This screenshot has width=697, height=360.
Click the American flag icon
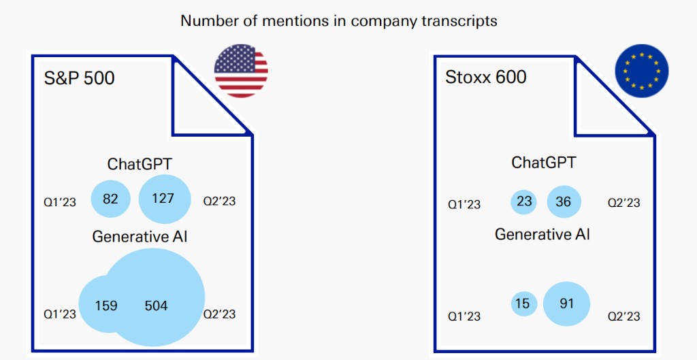click(x=241, y=71)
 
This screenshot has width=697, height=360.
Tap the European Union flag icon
click(x=641, y=71)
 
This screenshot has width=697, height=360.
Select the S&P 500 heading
click(x=80, y=78)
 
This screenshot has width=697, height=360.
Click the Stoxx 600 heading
click(x=486, y=77)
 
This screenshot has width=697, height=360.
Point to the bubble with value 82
click(x=111, y=199)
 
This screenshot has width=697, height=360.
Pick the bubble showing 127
click(x=165, y=199)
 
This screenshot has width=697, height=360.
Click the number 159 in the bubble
click(x=106, y=306)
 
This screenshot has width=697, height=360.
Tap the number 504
click(x=156, y=306)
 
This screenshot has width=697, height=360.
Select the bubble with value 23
click(x=524, y=202)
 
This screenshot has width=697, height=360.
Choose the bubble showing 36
click(x=564, y=202)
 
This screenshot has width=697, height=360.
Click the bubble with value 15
click(x=524, y=304)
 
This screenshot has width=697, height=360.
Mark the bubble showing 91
click(x=566, y=304)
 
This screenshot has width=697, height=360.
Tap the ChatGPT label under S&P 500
click(x=140, y=165)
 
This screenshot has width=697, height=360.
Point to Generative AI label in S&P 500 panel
click(x=140, y=236)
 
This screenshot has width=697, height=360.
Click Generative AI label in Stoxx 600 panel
click(x=542, y=234)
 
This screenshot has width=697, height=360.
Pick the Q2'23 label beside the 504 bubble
click(x=220, y=314)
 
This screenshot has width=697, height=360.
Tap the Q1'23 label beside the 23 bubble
click(x=464, y=204)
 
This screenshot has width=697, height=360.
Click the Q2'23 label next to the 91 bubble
click(x=624, y=316)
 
